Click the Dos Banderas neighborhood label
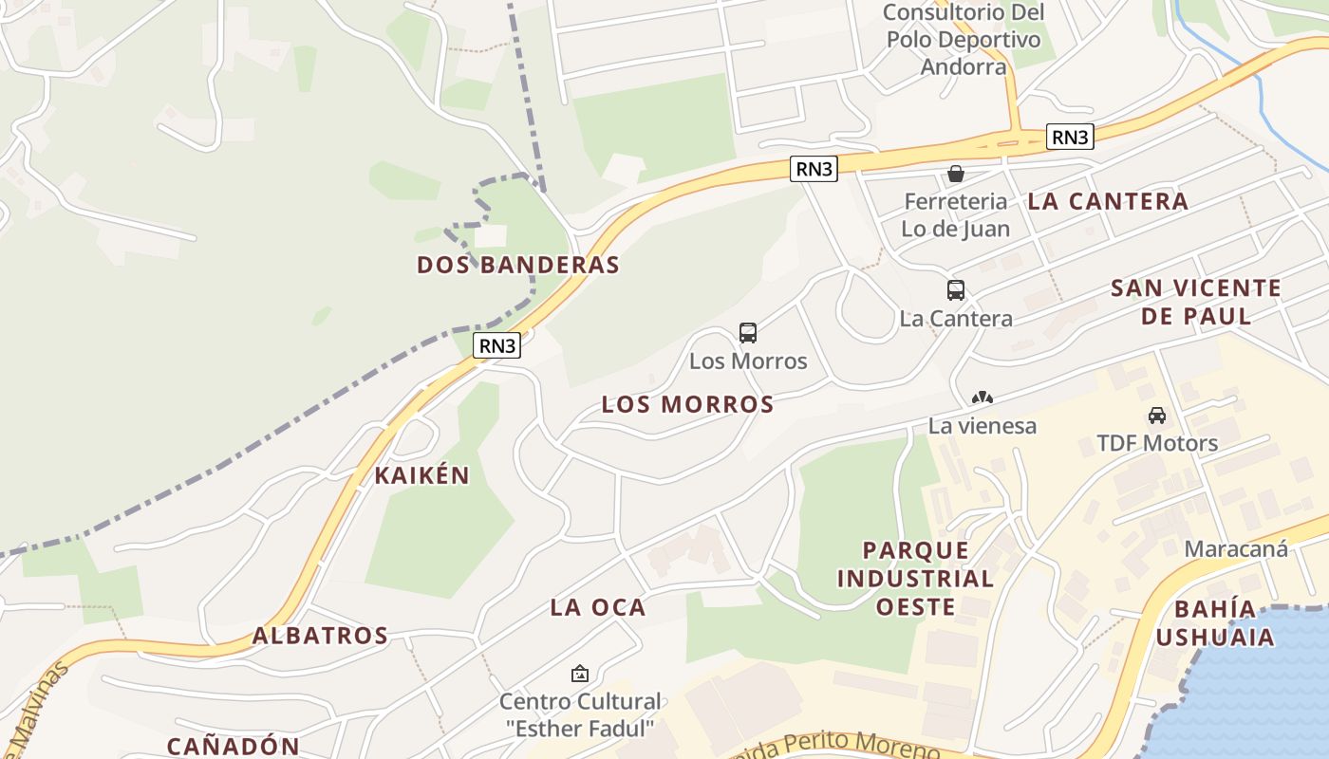518,265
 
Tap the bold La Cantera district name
1107,201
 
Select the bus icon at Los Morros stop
748,333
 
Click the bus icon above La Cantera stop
956,290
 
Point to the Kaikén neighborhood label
422,475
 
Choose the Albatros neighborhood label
321,636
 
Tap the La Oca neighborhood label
598,607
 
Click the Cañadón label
234,747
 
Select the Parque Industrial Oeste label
915,578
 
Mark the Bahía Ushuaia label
1215,622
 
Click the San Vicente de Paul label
1196,302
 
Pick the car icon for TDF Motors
1157,416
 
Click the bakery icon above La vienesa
983,398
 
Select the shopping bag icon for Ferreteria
956,174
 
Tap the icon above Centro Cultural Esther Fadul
579,674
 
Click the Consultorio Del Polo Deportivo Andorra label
963,39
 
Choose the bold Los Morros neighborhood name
688,404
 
